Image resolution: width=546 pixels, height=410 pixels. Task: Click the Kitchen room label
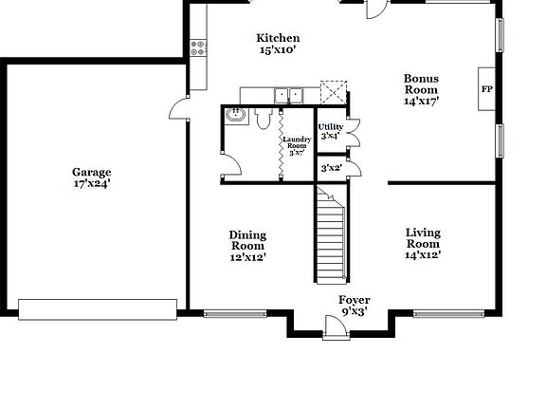tap(278, 38)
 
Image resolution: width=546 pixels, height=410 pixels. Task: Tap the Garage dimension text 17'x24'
tap(91, 184)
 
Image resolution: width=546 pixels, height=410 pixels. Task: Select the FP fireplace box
tap(486, 89)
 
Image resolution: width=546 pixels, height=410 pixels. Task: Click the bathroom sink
tap(236, 116)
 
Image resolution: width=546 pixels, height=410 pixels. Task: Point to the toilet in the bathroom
tap(263, 119)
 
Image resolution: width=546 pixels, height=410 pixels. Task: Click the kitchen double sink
tap(288, 94)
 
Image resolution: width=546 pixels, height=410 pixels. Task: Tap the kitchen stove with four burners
tap(198, 46)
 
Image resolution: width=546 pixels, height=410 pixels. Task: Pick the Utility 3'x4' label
tap(330, 131)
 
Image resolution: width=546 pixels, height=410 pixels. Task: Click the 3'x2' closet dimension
tap(331, 168)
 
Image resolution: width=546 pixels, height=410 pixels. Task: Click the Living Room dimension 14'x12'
tap(423, 254)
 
